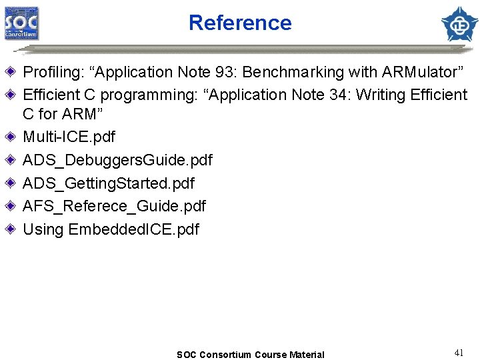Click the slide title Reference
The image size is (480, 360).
coord(240,23)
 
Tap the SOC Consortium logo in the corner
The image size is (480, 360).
coord(21,24)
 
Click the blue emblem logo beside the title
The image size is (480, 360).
coord(460,23)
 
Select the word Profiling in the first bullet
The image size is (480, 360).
coord(50,72)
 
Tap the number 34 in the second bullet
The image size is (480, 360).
coord(338,95)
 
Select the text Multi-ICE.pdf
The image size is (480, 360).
coord(69,137)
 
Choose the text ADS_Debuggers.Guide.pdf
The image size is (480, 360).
coord(117,160)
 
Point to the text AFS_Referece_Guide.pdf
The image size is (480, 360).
coord(114,206)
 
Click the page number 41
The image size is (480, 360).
coord(458,353)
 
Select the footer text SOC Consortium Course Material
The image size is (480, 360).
coord(250,355)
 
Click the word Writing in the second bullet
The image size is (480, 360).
coord(381,95)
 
